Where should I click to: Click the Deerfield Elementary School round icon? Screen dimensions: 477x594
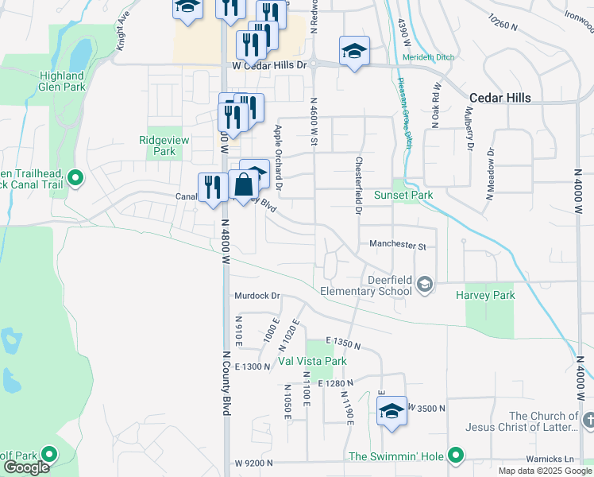click(x=425, y=285)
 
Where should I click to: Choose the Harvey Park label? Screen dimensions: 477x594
click(x=485, y=295)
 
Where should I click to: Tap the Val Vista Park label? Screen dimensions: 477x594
click(x=312, y=361)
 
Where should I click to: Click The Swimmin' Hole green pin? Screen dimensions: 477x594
click(x=455, y=456)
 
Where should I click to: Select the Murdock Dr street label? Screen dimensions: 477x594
click(x=258, y=296)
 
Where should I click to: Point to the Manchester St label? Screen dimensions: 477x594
click(x=398, y=246)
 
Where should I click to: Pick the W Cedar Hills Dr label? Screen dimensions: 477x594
click(x=269, y=65)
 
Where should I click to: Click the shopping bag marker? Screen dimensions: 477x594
click(x=244, y=185)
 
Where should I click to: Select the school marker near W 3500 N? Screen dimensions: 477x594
click(x=391, y=411)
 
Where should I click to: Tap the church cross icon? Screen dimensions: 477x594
click(x=588, y=419)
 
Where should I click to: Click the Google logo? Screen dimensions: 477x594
click(x=27, y=467)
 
